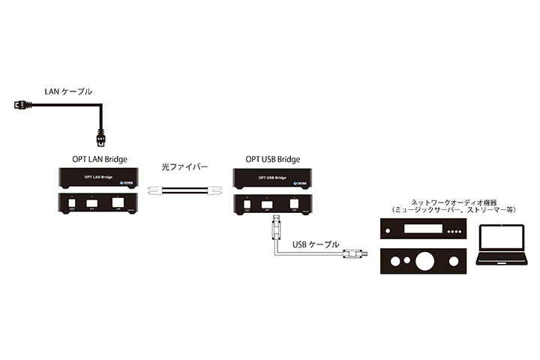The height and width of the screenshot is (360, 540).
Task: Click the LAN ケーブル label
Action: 68,91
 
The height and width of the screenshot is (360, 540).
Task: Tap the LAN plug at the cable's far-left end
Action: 20,104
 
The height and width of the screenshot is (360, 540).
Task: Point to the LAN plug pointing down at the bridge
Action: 102,140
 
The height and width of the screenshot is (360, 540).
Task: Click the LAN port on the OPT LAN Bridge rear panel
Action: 118,202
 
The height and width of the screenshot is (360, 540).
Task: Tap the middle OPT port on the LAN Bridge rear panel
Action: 91,202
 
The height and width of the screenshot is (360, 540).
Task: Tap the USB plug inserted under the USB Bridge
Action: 277,223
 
